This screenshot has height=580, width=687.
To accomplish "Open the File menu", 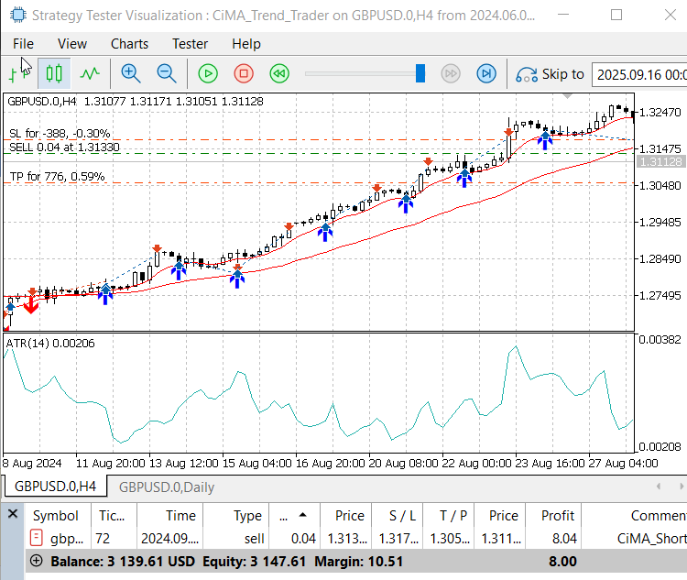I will click(23, 43).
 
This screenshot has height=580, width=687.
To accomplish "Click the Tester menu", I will click(190, 43).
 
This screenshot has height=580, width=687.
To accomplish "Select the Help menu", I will click(245, 43).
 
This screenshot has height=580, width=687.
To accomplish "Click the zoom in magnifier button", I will click(131, 73).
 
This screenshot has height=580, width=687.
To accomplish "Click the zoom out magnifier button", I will click(167, 73).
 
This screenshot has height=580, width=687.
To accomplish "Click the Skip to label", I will click(562, 74).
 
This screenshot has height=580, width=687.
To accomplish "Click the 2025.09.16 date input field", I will click(639, 74).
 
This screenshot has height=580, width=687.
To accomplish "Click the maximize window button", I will click(616, 15).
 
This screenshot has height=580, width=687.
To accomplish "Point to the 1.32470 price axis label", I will click(660, 113).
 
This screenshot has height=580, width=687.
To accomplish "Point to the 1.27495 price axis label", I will click(660, 295).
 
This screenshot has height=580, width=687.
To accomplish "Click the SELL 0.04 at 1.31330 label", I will click(64, 147).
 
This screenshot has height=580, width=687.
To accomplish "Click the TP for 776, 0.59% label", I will click(57, 176).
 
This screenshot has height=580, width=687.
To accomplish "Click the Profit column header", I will click(557, 516).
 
